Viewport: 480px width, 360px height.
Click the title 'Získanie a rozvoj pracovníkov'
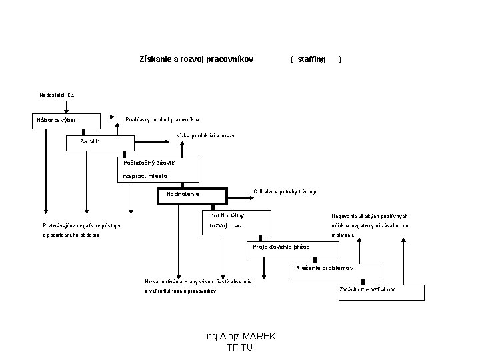[x=197, y=59]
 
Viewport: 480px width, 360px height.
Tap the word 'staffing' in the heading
[x=311, y=59]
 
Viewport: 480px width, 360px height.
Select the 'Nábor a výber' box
[x=67, y=121]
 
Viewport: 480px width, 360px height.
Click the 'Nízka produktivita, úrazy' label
[x=205, y=135]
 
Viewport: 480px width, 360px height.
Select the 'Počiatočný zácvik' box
[x=157, y=169]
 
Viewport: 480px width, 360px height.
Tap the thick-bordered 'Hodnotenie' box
[x=192, y=195]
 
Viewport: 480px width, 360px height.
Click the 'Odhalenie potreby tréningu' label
[x=286, y=191]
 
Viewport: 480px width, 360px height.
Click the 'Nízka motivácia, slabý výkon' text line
[x=198, y=281]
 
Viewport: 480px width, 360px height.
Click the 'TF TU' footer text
[x=239, y=347]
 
